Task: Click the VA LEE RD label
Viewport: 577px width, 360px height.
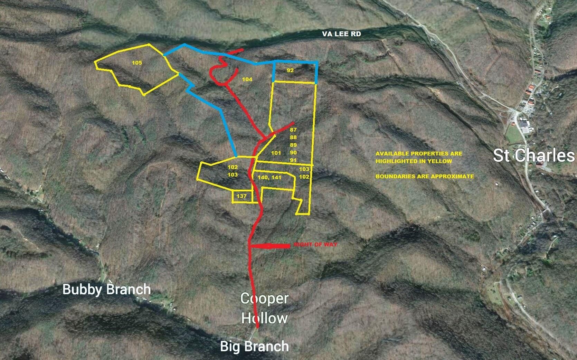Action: pos(341,34)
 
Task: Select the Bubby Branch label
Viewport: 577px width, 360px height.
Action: pos(106,289)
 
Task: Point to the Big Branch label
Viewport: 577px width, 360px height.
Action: pos(254,346)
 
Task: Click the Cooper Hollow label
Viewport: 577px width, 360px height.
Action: pos(264,308)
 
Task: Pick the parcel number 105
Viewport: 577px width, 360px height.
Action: pos(137,63)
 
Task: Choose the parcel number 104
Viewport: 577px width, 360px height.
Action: pos(247,79)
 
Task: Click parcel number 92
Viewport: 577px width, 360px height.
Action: pos(290,70)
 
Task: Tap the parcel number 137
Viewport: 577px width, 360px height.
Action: pos(242,196)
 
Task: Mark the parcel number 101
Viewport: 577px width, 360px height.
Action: pos(276,153)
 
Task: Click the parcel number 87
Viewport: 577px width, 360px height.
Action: pos(293,130)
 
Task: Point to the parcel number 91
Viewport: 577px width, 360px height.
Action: pos(293,160)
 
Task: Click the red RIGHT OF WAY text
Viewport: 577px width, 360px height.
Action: pos(315,244)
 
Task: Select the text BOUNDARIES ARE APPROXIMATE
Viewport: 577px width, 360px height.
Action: pos(425,176)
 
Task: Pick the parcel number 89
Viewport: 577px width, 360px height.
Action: pos(293,145)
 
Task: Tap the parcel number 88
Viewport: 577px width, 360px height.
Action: pos(293,138)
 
